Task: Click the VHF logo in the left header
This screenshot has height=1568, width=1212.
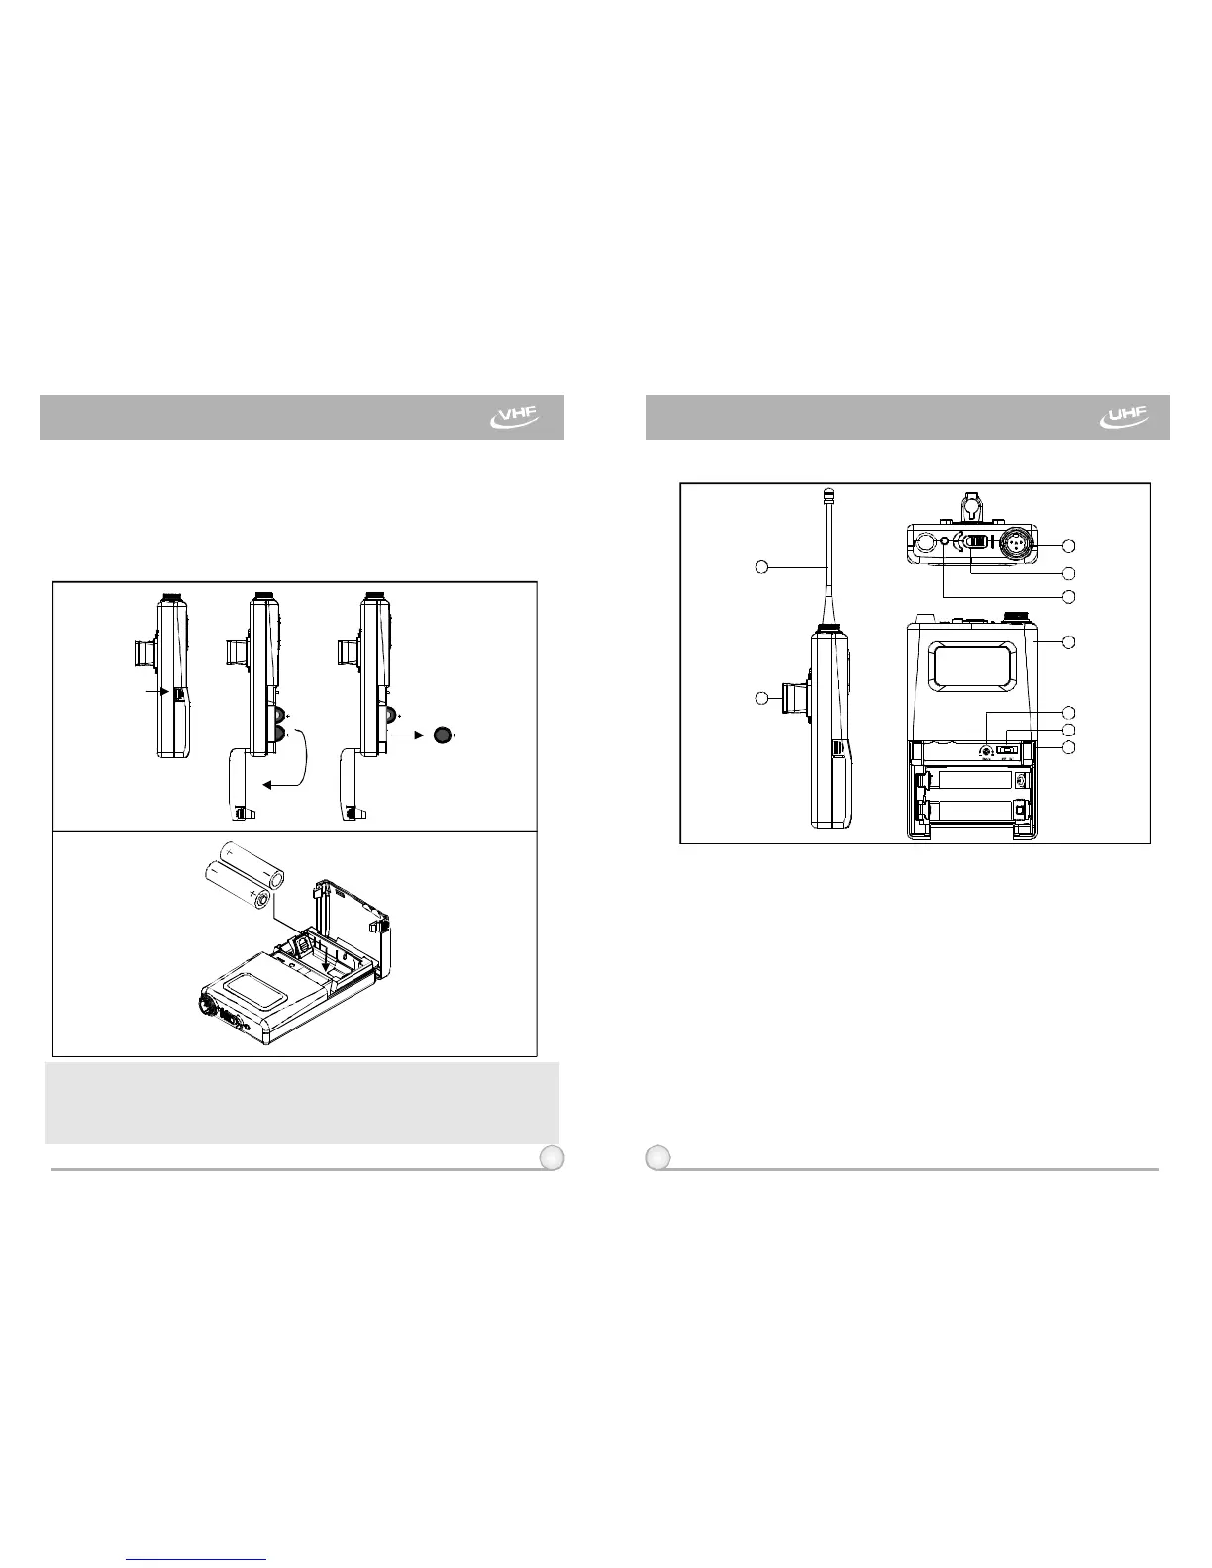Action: point(515,417)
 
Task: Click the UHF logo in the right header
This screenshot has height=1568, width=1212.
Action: point(1124,417)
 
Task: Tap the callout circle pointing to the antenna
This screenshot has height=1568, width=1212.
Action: point(761,567)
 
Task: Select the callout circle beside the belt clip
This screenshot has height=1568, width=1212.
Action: point(761,698)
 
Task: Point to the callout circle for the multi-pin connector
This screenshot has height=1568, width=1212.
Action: point(1069,546)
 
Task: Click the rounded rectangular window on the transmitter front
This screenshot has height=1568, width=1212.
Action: point(972,666)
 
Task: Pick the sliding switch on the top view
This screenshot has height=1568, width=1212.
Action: point(977,541)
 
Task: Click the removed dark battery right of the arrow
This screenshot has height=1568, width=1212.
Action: point(443,735)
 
